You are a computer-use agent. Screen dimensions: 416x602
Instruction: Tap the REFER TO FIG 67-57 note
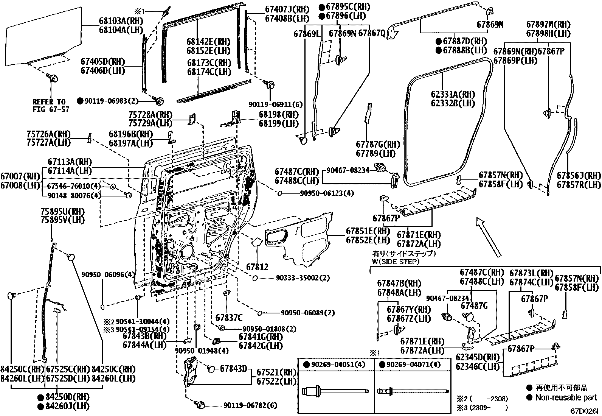(x=49, y=106)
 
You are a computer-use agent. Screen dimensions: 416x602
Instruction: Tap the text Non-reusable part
(x=566, y=397)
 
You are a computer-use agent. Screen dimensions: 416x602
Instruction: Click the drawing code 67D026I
(x=585, y=411)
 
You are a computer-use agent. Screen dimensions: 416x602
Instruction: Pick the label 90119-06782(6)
(x=250, y=405)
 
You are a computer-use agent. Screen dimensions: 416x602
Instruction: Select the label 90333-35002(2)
(x=303, y=278)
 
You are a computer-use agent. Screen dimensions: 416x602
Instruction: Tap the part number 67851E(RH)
(x=368, y=231)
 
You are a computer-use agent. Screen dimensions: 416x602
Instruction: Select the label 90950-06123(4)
(x=327, y=193)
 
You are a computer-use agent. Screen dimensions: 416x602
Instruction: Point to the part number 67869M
(x=490, y=25)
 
